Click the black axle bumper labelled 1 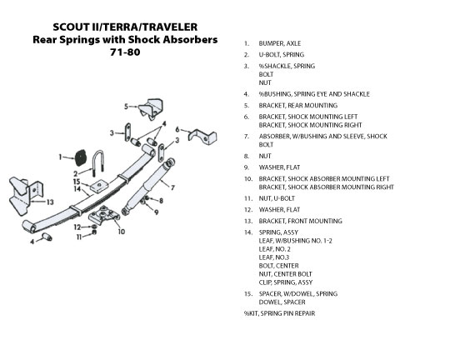click(x=80, y=157)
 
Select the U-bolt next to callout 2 click(x=98, y=162)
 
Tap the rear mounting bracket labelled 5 click(x=151, y=109)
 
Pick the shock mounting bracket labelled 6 click(x=202, y=137)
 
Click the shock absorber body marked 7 click(x=148, y=187)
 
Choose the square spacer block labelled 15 click(x=99, y=186)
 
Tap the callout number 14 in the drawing click(x=77, y=189)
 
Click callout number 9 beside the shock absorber click(x=156, y=212)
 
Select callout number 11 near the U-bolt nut click(x=79, y=237)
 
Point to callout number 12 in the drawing click(x=77, y=227)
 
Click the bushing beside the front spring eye click(x=47, y=237)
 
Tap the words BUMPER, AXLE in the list click(x=280, y=43)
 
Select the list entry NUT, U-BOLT click(x=277, y=198)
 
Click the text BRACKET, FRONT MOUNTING click(x=301, y=221)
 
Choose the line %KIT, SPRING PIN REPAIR click(x=279, y=313)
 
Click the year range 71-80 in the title click(x=125, y=52)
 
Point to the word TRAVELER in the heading click(x=170, y=27)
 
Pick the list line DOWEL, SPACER click(x=282, y=302)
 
